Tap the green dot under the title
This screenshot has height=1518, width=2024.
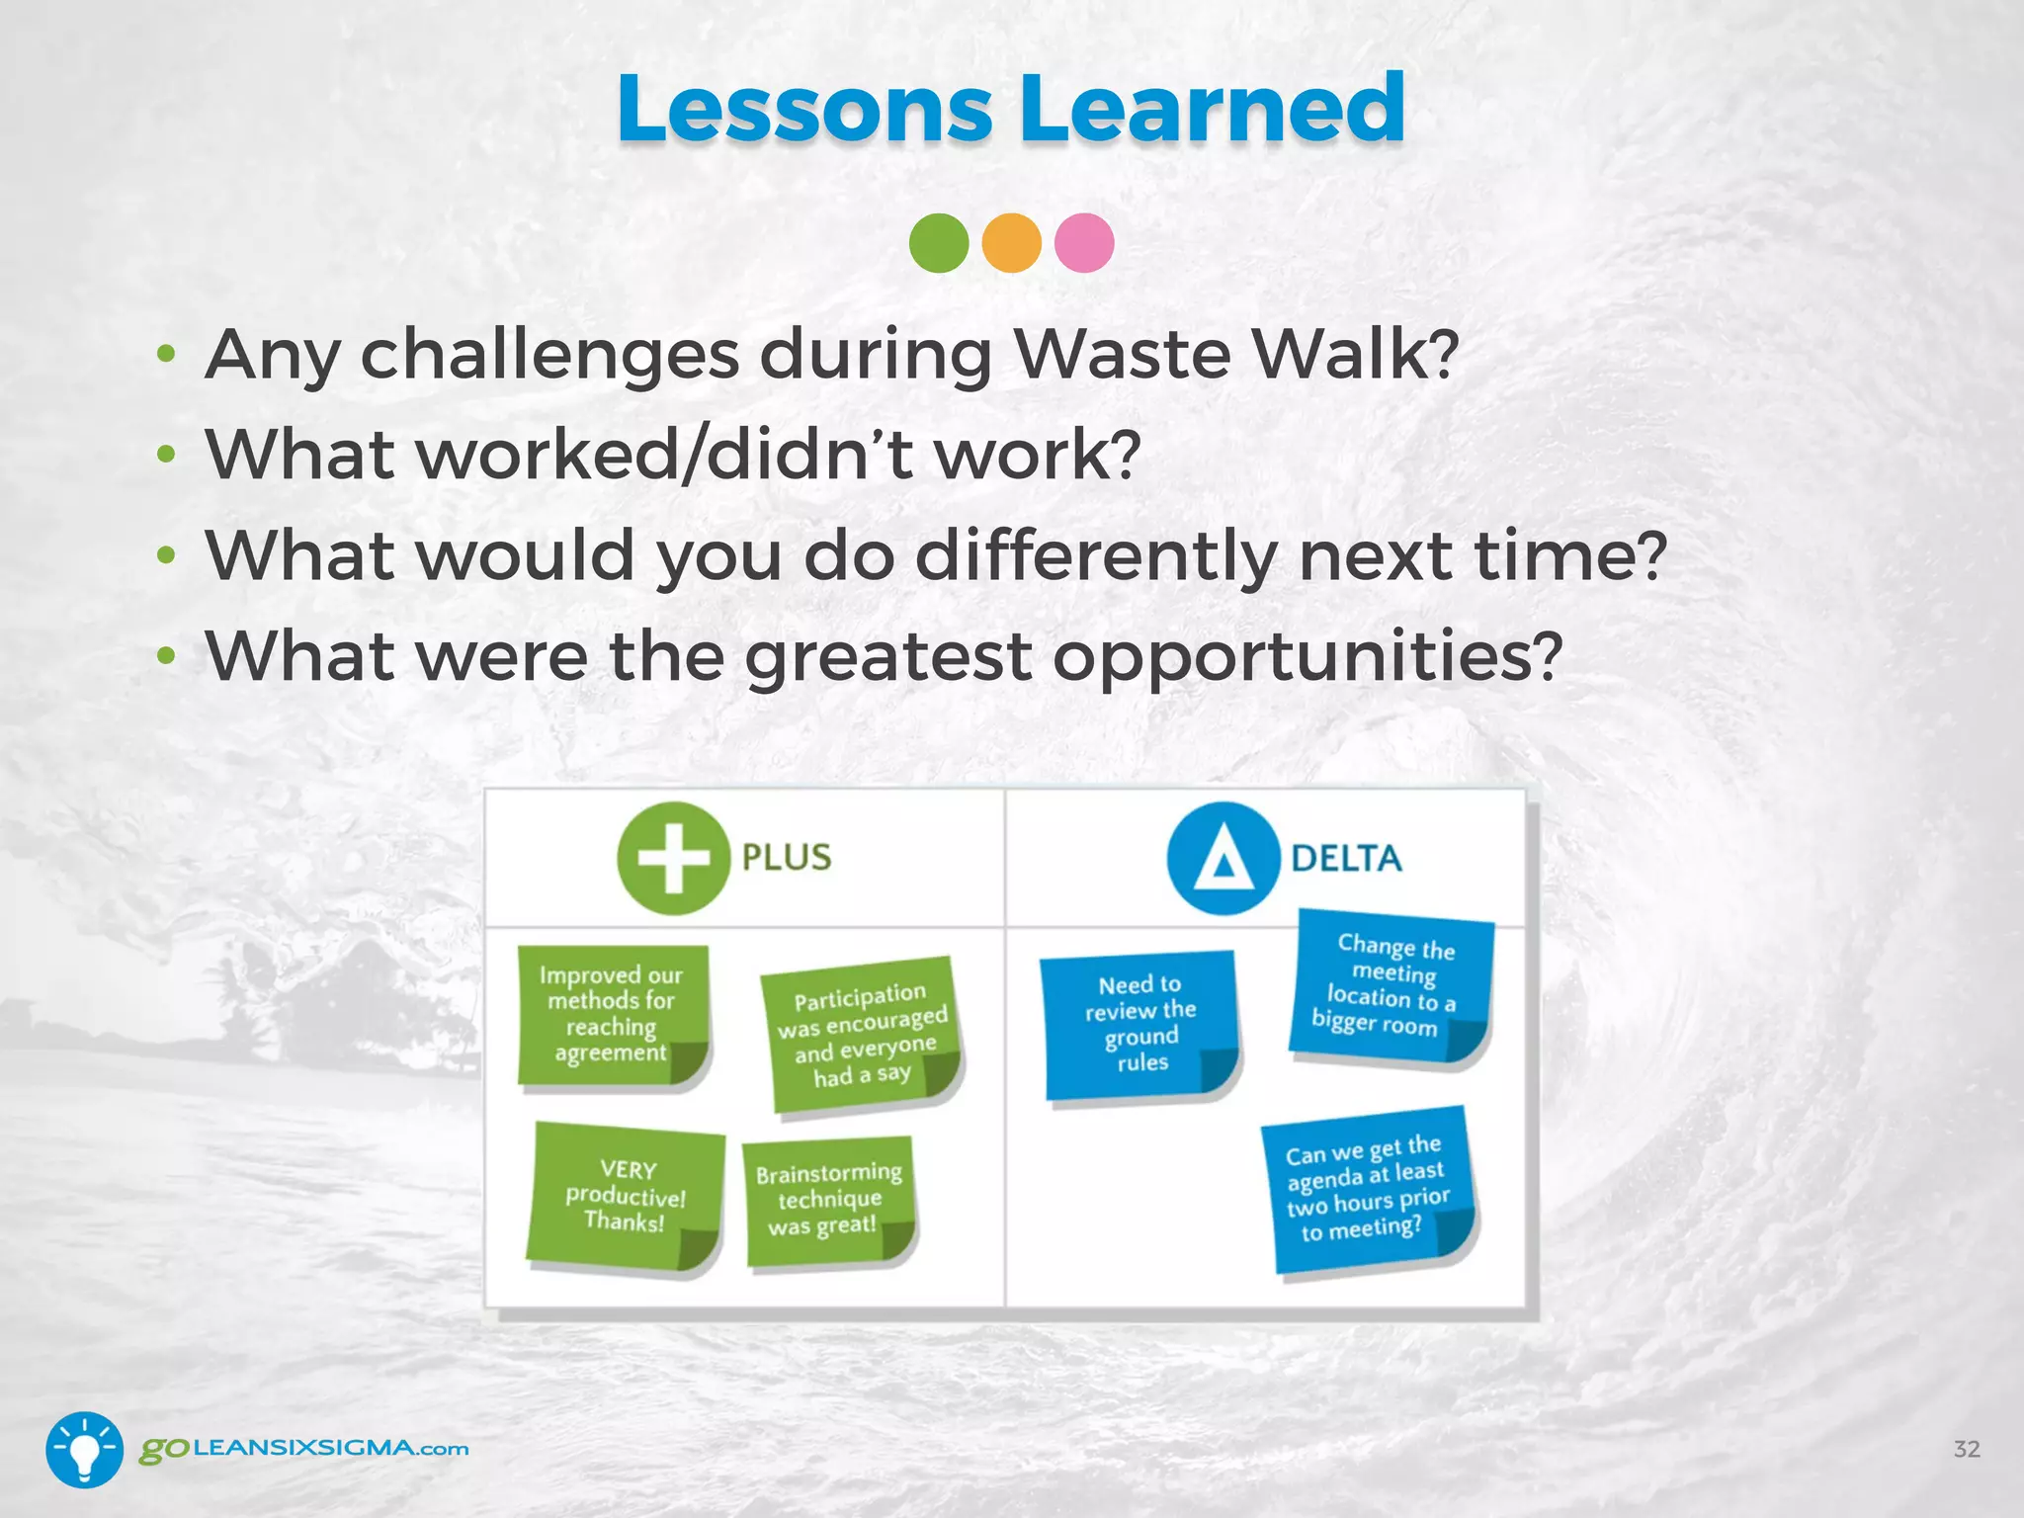click(x=938, y=242)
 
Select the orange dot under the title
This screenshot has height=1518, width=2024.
click(x=1011, y=242)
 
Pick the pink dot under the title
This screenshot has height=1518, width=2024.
click(x=1084, y=242)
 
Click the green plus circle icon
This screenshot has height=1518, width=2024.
click(x=673, y=857)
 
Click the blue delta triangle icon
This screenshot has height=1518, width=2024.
click(x=1223, y=857)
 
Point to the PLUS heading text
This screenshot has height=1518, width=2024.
click(x=787, y=857)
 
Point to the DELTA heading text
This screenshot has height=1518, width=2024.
click(x=1346, y=858)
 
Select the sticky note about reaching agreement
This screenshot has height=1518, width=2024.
click(x=612, y=1015)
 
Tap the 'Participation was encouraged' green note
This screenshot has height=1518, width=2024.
click(x=862, y=1034)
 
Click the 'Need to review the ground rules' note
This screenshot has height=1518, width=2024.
click(x=1140, y=1024)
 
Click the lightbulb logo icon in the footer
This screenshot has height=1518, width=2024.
click(x=84, y=1449)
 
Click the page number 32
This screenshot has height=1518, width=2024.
click(x=1966, y=1449)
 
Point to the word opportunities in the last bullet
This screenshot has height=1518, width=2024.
click(x=1305, y=656)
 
